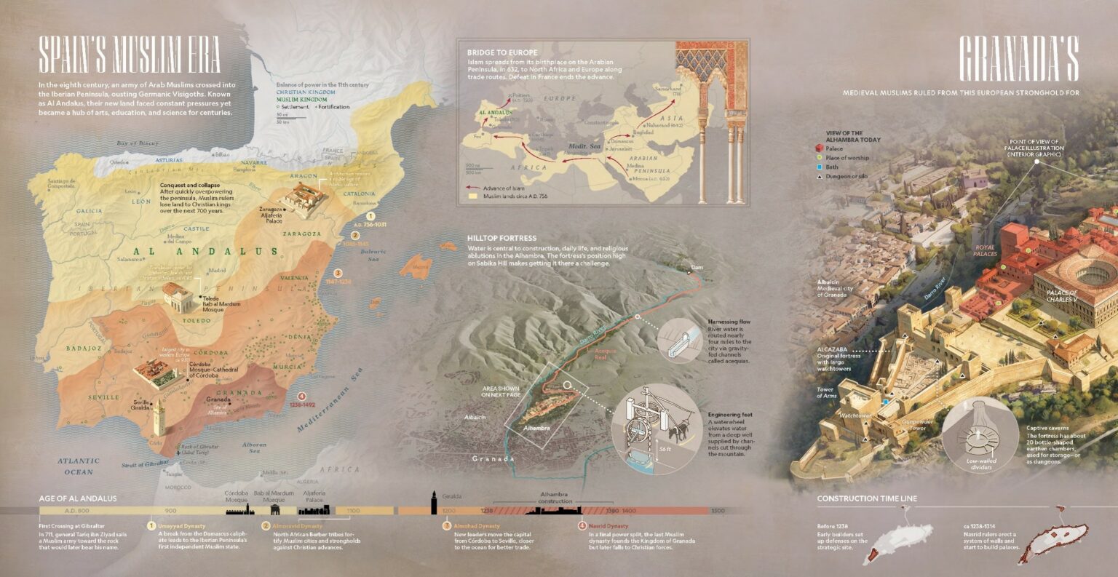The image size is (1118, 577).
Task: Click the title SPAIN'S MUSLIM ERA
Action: pos(130,57)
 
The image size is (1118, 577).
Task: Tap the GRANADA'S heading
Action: pos(1018,58)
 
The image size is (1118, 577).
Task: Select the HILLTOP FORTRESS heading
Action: pos(501,238)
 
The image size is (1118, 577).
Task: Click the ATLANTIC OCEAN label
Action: pos(78,466)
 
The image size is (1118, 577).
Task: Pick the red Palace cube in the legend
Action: pos(820,148)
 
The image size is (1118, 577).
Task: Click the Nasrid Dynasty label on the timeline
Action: pos(608,525)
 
